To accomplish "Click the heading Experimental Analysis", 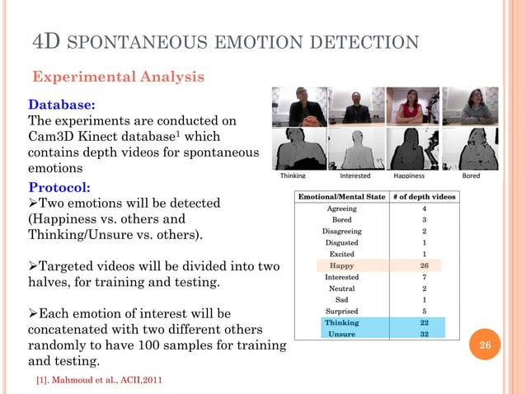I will [118, 77].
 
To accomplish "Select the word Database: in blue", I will [62, 105].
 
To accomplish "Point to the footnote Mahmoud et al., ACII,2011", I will [93, 383].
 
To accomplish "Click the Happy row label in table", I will [341, 266].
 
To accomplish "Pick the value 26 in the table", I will [424, 266].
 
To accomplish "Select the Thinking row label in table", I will [341, 323].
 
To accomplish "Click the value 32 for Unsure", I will [424, 335].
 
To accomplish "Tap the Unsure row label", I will [341, 335].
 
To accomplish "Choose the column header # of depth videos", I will [424, 197].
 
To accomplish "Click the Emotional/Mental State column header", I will [341, 197].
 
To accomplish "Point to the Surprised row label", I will [341, 312].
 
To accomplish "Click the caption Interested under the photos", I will [355, 176].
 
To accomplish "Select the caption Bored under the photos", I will [471, 176].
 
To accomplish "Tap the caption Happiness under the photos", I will [409, 176].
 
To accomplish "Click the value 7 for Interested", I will [424, 278].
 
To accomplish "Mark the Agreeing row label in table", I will [341, 209].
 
